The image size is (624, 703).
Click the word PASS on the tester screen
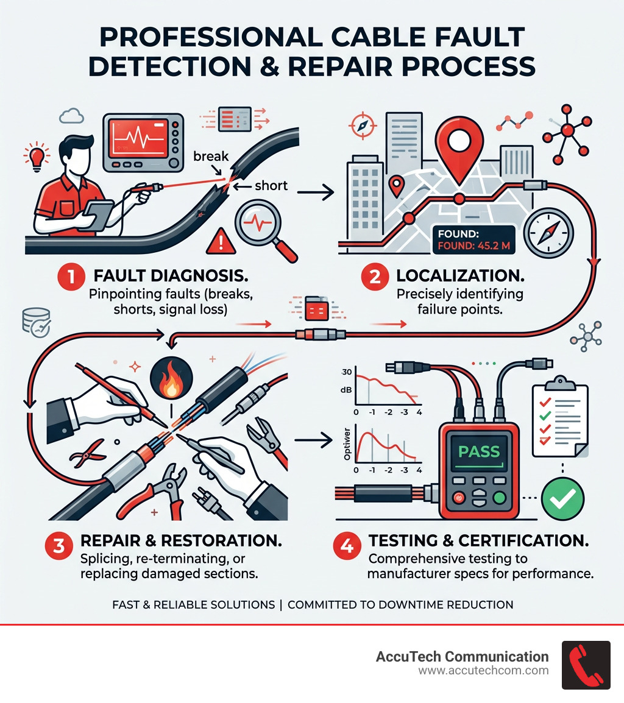(x=480, y=453)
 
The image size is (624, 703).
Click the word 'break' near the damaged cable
(x=211, y=156)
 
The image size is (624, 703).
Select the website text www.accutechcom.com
(x=483, y=671)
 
